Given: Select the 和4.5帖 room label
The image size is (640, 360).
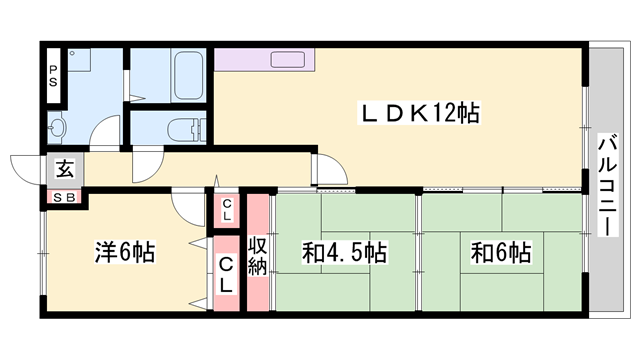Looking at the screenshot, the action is (344, 253).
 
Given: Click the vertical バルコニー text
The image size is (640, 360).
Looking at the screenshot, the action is (607, 184).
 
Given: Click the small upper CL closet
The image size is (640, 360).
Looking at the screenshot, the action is (227, 210).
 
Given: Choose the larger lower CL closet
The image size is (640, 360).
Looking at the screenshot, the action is (227, 272).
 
